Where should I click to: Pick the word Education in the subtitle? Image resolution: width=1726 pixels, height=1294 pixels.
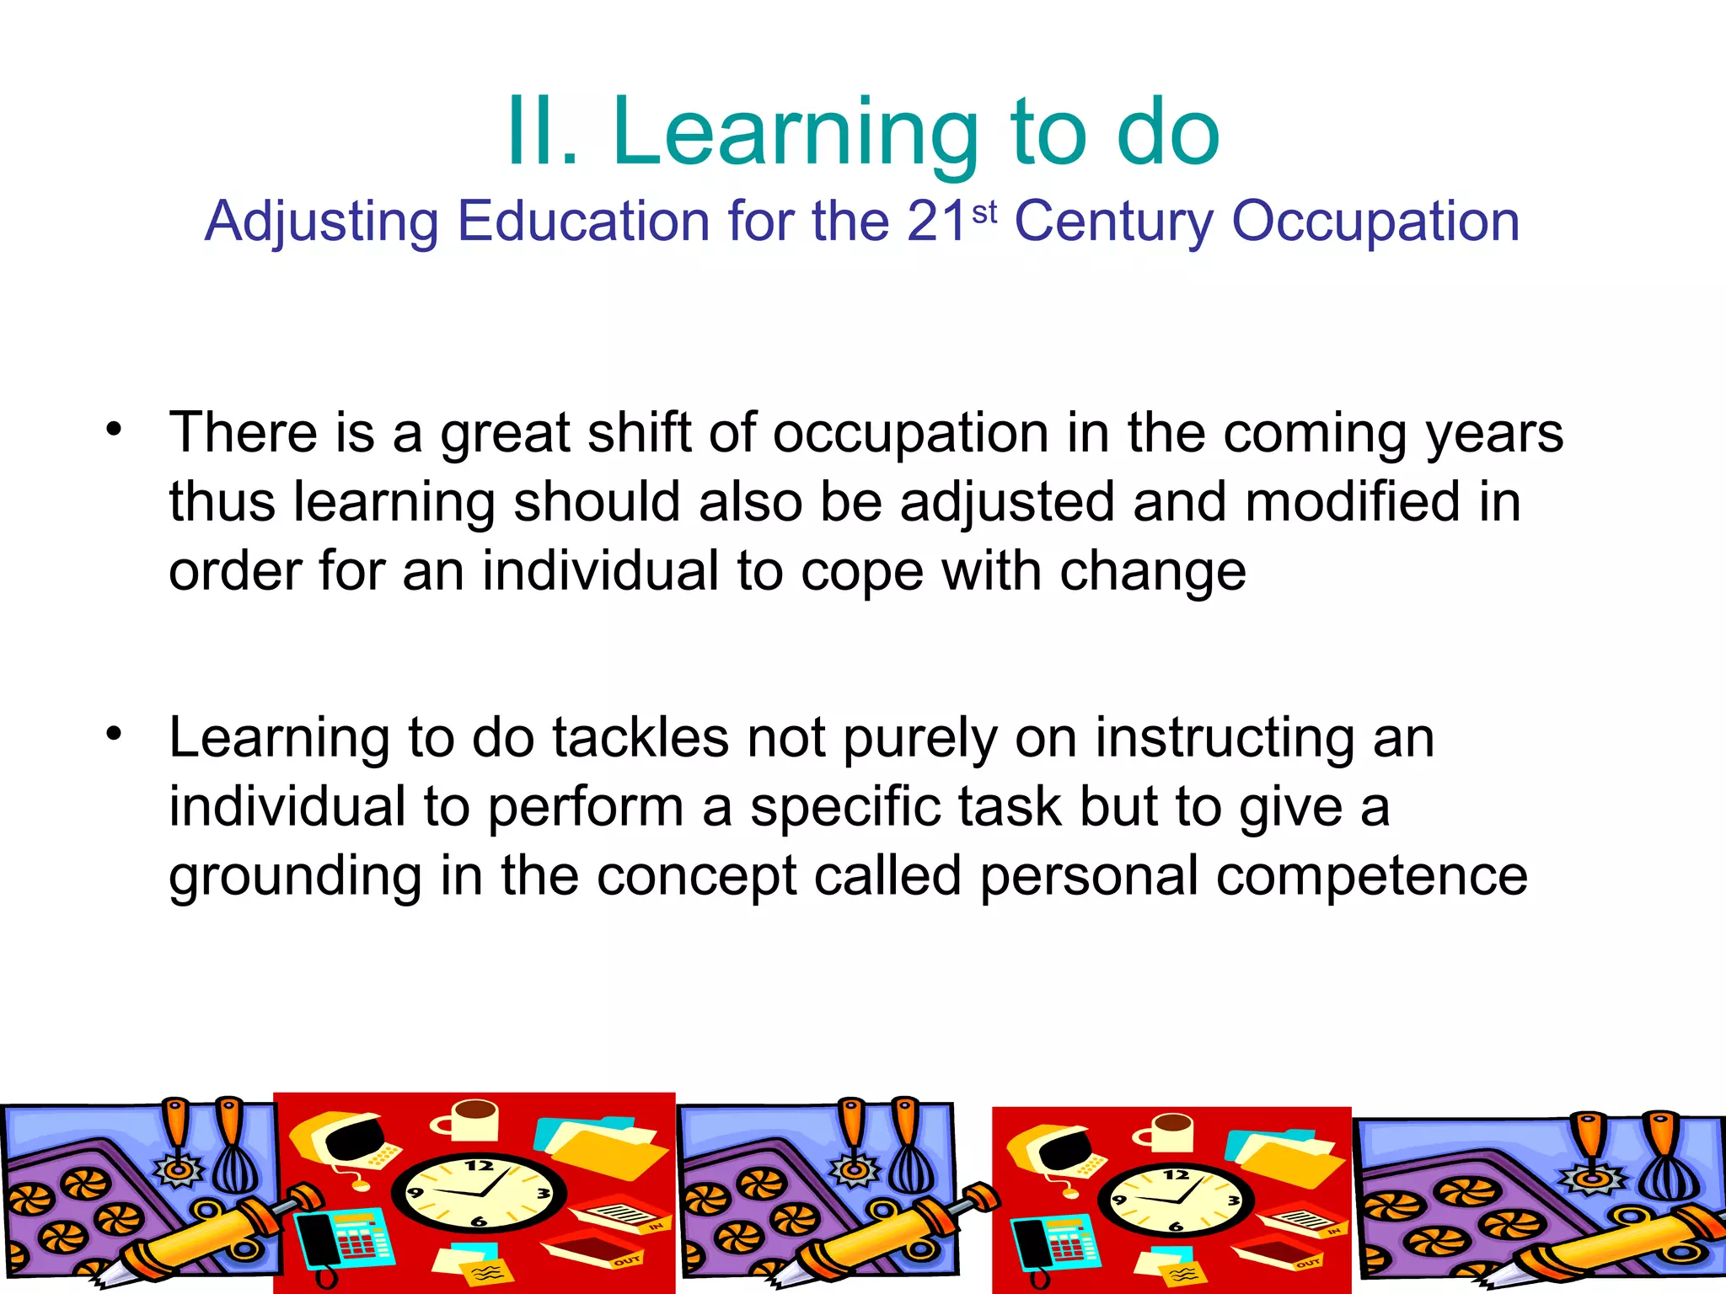(584, 222)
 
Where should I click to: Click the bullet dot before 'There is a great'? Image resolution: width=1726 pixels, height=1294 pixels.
(114, 430)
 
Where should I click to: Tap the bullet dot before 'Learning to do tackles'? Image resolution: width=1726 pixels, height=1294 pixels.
(114, 735)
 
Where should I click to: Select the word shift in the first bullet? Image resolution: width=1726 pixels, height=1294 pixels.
(638, 433)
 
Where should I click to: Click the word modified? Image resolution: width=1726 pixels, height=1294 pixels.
(1351, 502)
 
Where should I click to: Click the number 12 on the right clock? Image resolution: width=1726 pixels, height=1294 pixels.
(1177, 1174)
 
